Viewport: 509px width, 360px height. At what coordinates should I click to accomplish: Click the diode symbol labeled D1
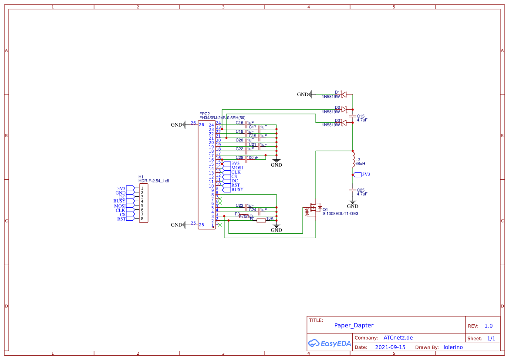(344, 94)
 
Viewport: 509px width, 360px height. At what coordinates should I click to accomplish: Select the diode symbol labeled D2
(344, 109)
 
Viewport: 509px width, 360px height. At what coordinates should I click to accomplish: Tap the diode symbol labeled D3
(344, 123)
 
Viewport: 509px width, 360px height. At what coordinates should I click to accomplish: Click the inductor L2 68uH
(353, 161)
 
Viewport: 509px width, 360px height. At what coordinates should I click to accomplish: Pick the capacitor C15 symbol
(353, 117)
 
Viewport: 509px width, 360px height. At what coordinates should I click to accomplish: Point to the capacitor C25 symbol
(353, 191)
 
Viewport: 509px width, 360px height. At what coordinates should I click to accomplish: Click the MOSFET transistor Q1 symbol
(313, 210)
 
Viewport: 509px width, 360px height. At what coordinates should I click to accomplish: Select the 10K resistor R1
(261, 221)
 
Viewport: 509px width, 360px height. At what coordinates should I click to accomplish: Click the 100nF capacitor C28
(246, 158)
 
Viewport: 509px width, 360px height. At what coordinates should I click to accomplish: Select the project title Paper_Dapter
(354, 326)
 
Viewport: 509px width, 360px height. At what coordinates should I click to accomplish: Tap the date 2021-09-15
(390, 347)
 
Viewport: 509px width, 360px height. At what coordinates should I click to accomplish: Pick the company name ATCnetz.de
(398, 338)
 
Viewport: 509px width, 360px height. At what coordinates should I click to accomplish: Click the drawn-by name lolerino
(453, 347)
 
